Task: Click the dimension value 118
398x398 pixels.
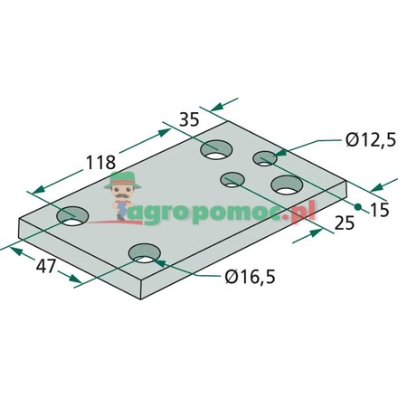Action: click(100, 163)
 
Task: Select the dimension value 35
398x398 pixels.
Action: click(189, 119)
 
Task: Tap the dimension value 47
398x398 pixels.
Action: click(46, 266)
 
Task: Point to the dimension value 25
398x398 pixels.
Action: click(345, 223)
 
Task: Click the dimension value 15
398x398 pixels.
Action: click(380, 210)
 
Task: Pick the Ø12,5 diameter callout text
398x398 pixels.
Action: click(371, 139)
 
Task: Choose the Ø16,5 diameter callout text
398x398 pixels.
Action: click(250, 277)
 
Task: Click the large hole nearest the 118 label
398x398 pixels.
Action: click(73, 216)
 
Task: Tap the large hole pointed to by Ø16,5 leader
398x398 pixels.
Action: click(145, 253)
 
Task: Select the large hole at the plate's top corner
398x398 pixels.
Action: click(216, 149)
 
